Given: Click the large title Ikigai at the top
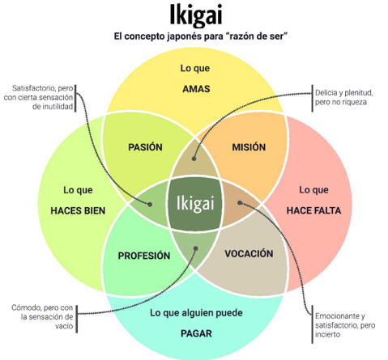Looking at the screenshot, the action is [x=196, y=15].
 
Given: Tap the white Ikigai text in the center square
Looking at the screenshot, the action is [x=195, y=203].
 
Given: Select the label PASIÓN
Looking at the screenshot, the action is [x=145, y=147].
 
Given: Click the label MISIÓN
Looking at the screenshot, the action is [x=249, y=147].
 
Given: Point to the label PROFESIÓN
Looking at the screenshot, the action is [x=144, y=256].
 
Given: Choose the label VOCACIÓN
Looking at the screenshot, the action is [x=249, y=254].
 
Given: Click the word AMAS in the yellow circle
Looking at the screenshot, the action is [x=196, y=89].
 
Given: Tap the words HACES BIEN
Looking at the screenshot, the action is [x=78, y=210].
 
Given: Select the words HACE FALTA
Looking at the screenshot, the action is [x=313, y=210].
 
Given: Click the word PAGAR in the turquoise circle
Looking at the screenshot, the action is [x=196, y=333].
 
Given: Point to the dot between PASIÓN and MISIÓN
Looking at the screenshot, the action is [x=194, y=159].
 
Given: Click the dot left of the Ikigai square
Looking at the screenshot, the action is [x=150, y=205].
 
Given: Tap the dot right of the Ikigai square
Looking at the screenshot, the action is [x=240, y=203].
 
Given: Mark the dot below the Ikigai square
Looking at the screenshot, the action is [x=196, y=248].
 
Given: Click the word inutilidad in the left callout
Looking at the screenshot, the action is [x=53, y=107].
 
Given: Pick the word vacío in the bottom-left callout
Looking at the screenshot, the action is [x=64, y=326].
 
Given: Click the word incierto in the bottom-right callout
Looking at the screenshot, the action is [x=327, y=335].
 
